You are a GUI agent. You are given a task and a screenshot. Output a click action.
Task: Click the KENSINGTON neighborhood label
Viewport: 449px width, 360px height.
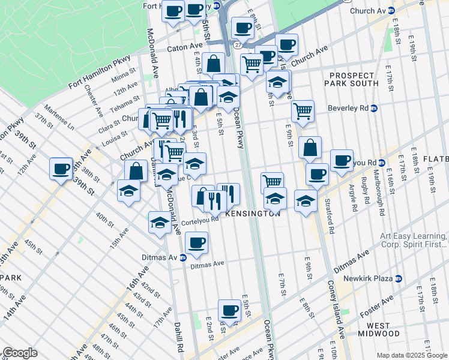click(x=253, y=214)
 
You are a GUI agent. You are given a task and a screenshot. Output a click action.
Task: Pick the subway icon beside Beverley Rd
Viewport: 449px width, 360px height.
click(x=374, y=109)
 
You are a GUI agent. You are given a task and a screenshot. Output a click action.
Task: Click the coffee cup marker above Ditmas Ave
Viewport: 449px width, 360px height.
click(x=196, y=242)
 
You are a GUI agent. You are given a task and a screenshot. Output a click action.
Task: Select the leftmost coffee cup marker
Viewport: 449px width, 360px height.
click(x=61, y=168)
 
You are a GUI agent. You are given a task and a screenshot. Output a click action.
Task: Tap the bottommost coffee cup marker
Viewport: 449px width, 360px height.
click(x=229, y=310)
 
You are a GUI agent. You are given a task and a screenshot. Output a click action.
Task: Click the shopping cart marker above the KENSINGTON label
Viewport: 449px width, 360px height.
click(x=273, y=181)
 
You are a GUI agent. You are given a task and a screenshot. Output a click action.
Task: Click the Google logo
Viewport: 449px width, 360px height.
click(x=20, y=353)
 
